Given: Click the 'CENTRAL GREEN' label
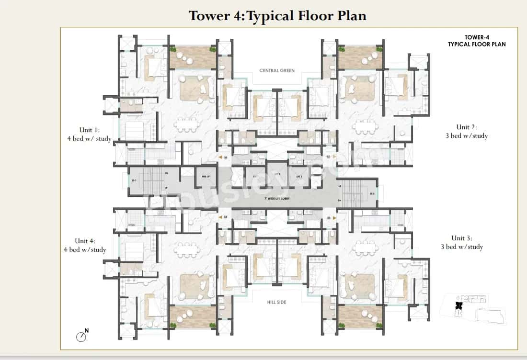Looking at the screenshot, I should coord(277,70).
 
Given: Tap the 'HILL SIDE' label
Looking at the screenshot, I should coord(277,302).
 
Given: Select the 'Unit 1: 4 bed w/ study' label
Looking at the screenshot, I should coord(89,135).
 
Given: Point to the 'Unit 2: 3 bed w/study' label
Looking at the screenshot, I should coord(466,131).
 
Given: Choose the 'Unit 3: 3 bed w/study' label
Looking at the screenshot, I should coord(461,242).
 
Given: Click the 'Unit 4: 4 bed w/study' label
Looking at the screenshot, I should coord(85,245).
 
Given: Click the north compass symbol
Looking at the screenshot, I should coord(81,336).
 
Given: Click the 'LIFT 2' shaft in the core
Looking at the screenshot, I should coord(276,176).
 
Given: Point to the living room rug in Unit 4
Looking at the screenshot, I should coord(197,286).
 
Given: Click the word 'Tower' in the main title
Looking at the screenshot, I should coord(209,15).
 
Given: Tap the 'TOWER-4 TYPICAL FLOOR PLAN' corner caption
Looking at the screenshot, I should coord(476,41).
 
